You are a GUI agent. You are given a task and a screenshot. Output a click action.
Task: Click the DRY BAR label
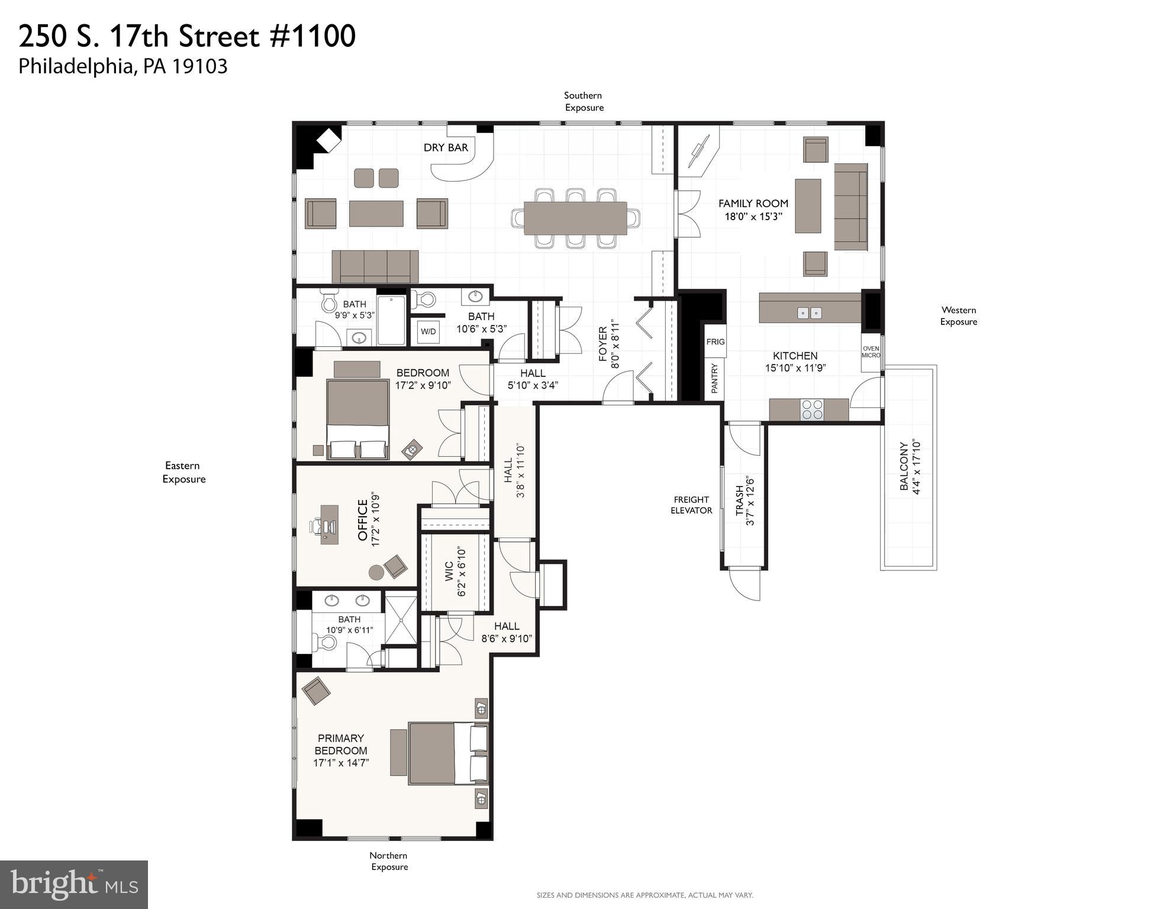click(x=446, y=147)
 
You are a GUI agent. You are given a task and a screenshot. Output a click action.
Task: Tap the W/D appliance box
click(x=428, y=331)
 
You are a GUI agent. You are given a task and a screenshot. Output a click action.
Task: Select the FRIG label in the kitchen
click(x=715, y=341)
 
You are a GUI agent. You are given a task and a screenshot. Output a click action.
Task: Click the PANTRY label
click(x=714, y=379)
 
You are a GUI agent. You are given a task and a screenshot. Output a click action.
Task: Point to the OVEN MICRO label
click(x=871, y=352)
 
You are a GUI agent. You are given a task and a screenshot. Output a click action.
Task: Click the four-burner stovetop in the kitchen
click(x=811, y=410)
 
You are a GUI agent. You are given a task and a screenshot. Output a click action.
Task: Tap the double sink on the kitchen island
click(x=809, y=313)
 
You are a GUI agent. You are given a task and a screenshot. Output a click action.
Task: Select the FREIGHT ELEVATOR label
click(x=691, y=505)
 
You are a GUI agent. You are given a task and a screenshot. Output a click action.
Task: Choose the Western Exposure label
click(x=958, y=315)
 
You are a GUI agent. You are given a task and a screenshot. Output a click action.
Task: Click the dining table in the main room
click(x=575, y=218)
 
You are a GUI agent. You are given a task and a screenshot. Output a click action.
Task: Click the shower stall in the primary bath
click(x=401, y=620)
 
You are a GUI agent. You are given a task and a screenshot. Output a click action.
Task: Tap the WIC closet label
click(x=449, y=572)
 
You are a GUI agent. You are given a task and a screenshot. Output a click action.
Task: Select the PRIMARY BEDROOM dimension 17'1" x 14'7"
click(x=341, y=763)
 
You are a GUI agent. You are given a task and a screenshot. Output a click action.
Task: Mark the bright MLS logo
click(x=74, y=884)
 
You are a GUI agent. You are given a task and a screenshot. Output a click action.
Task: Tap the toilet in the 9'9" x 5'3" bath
click(x=328, y=302)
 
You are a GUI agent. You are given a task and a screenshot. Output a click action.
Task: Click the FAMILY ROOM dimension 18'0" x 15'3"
click(x=753, y=217)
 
